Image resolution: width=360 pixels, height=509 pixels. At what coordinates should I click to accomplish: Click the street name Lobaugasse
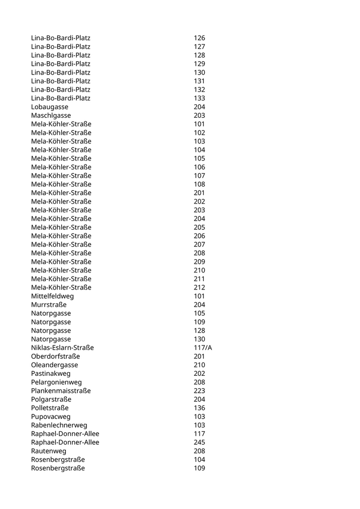pyautogui.click(x=49, y=107)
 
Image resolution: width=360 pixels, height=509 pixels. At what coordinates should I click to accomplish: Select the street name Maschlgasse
pyautogui.click(x=51, y=116)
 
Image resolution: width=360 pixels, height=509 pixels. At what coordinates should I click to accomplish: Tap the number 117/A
pyautogui.click(x=203, y=348)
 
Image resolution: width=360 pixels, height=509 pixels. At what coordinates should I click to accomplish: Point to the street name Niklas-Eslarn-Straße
pyautogui.click(x=62, y=348)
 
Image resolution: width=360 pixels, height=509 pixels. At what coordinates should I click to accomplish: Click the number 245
pyautogui.click(x=200, y=442)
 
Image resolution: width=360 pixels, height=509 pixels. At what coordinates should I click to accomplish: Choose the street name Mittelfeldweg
pyautogui.click(x=52, y=296)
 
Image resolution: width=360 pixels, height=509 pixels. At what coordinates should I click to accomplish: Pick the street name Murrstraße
pyautogui.click(x=49, y=305)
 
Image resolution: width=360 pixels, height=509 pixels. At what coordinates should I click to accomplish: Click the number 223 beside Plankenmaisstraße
pyautogui.click(x=200, y=391)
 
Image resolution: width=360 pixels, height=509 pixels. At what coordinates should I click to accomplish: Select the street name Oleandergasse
pyautogui.click(x=55, y=365)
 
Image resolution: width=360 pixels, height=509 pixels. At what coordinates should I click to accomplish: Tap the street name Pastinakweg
pyautogui.click(x=51, y=374)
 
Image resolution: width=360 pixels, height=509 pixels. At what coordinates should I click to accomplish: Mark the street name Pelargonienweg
pyautogui.click(x=56, y=382)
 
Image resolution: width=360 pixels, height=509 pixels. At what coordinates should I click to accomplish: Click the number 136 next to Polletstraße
pyautogui.click(x=200, y=408)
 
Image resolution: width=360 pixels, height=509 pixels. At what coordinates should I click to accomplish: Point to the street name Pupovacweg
pyautogui.click(x=51, y=416)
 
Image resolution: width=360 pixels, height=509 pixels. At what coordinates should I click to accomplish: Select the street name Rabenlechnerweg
pyautogui.click(x=59, y=425)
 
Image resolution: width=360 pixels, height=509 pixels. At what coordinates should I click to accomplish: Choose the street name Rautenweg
pyautogui.click(x=48, y=451)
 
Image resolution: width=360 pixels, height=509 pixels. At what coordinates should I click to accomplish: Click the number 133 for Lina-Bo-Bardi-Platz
pyautogui.click(x=200, y=98)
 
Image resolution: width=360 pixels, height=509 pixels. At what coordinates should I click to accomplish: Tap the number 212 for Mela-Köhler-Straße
pyautogui.click(x=200, y=287)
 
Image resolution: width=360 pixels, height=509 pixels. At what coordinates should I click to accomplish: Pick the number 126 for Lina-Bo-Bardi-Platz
pyautogui.click(x=200, y=38)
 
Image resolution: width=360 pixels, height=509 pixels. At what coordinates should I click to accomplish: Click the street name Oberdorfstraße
pyautogui.click(x=56, y=356)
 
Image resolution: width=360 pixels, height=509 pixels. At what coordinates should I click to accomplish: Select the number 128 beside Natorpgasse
pyautogui.click(x=200, y=331)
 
